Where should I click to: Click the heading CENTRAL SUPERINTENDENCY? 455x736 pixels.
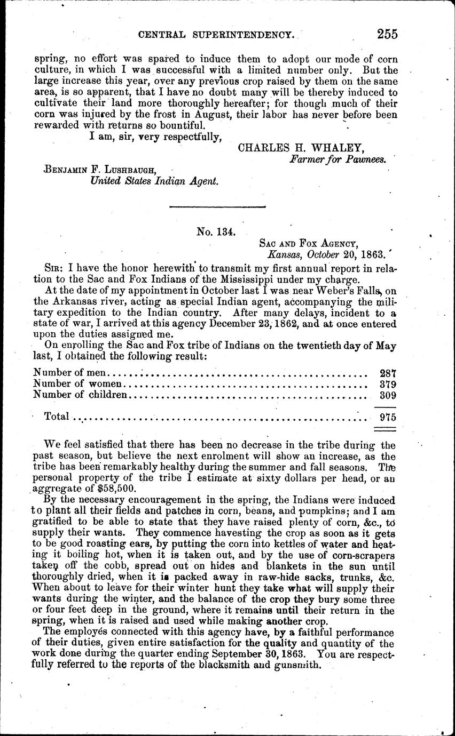[216, 35]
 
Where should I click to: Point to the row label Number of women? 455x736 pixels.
[78, 383]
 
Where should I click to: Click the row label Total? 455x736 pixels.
[57, 417]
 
